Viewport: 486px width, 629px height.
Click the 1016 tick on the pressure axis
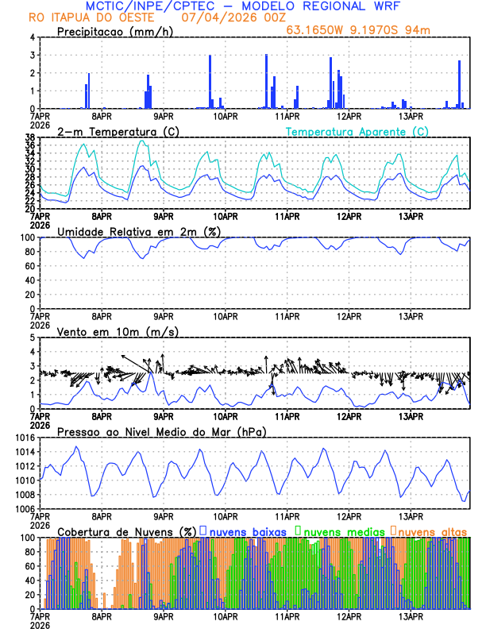pyautogui.click(x=24, y=438)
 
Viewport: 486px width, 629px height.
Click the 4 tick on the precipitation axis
pyautogui.click(x=32, y=37)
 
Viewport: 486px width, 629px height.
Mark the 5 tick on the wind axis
pyautogui.click(x=32, y=338)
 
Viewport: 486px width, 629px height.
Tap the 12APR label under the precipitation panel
pyautogui.click(x=348, y=116)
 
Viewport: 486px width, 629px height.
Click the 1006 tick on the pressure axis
pyautogui.click(x=24, y=509)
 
